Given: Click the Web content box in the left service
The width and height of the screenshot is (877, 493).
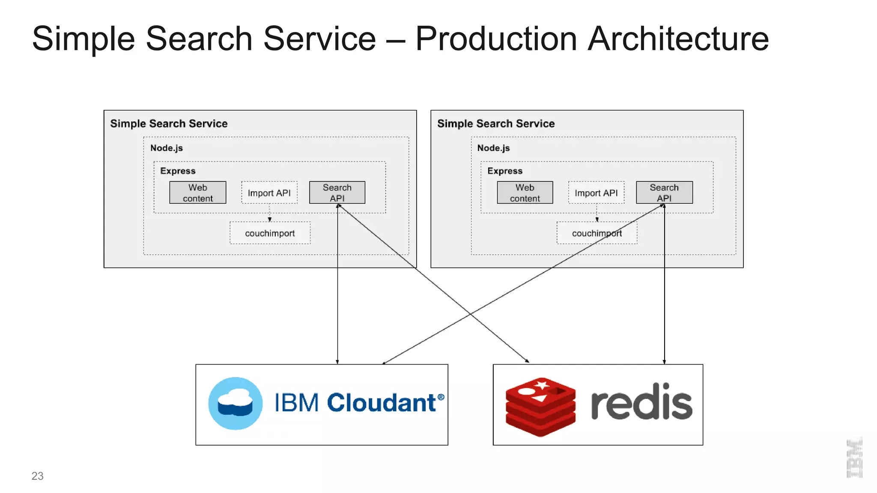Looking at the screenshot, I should (x=197, y=193).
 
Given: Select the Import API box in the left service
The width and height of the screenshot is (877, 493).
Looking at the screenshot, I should (x=269, y=193).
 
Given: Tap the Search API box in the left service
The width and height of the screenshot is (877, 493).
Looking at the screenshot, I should (x=337, y=193).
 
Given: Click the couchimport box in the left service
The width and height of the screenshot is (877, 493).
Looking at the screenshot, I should (x=270, y=233).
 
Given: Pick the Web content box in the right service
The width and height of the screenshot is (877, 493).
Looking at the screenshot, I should (x=525, y=193).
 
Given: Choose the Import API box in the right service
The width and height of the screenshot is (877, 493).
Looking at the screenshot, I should (x=596, y=193).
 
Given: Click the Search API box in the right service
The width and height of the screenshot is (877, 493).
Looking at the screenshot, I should (x=664, y=193).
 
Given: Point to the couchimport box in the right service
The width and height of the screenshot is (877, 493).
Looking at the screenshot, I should (x=597, y=233).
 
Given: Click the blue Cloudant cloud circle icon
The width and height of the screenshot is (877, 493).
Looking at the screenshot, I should (x=235, y=403).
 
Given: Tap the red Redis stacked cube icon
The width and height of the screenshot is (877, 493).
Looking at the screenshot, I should (x=540, y=407).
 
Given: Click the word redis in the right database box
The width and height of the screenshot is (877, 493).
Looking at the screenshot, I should (x=641, y=403).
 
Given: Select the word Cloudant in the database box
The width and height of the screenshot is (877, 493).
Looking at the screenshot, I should (x=381, y=403).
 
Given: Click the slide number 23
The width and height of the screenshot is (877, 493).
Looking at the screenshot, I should (x=37, y=476).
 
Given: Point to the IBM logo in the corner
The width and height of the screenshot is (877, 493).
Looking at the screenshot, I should (x=854, y=458).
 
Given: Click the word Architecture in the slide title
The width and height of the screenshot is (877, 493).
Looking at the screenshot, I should (x=678, y=39).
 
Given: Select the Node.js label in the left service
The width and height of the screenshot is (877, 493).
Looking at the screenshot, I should (x=166, y=148).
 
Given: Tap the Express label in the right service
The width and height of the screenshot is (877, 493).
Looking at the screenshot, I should (x=504, y=171).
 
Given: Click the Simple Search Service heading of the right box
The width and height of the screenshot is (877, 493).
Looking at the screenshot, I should (x=495, y=124).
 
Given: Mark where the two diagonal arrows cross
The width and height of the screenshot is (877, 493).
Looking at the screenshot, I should (x=471, y=314).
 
